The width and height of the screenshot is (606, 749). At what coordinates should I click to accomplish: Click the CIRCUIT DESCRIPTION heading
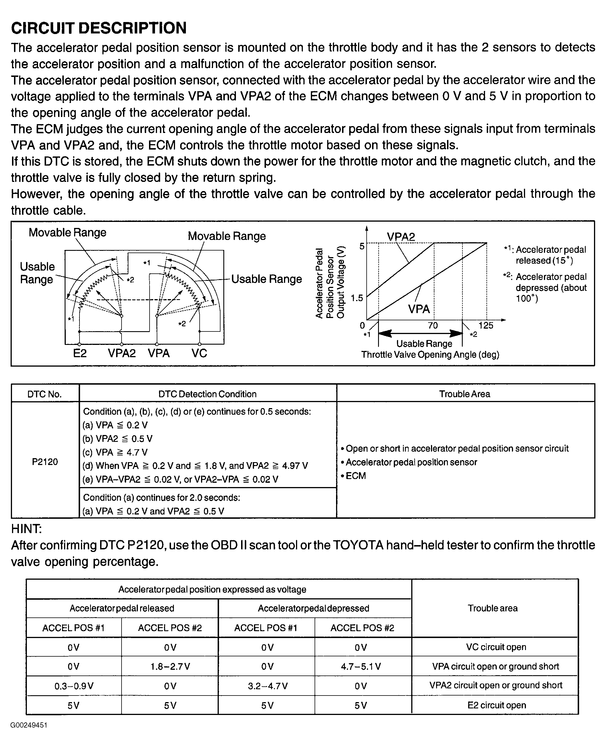click(99, 28)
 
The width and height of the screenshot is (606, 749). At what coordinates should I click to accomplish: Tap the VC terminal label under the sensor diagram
click(199, 353)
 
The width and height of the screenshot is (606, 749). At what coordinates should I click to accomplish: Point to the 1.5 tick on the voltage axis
click(357, 298)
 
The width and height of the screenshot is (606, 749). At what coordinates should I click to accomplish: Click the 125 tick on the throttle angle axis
click(486, 326)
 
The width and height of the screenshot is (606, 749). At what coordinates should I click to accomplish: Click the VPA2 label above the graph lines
click(401, 237)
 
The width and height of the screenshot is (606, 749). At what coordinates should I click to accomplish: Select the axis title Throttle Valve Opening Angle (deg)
click(430, 355)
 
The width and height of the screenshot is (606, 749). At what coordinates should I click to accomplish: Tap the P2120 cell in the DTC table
click(45, 462)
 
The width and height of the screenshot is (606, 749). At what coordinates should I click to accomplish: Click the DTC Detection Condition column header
click(207, 394)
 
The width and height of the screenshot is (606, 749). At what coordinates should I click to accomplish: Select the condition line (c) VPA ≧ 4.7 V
click(115, 452)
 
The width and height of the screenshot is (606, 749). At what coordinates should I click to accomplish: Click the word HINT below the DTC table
click(27, 529)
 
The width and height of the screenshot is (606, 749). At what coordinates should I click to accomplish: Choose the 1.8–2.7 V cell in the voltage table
click(170, 666)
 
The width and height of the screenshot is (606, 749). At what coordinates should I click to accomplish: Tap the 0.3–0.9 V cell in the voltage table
click(74, 686)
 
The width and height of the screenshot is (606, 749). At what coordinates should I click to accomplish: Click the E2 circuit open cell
click(496, 705)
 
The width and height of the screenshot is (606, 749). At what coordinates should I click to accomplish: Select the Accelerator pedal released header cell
click(122, 608)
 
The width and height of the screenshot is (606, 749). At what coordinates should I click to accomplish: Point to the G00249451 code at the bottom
click(29, 725)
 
